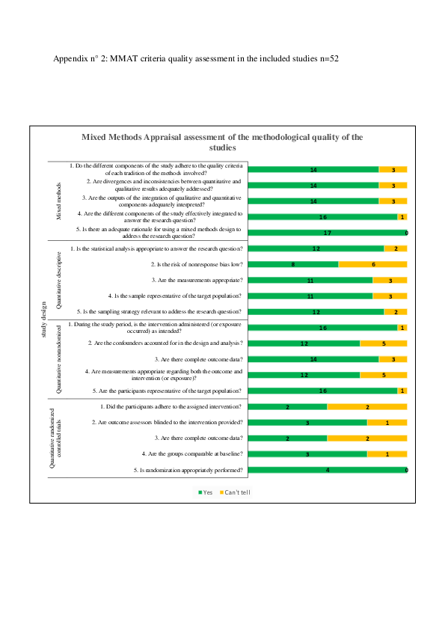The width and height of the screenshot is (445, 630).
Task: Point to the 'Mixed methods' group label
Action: [x=58, y=200]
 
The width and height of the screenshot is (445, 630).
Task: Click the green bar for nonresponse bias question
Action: [x=292, y=264]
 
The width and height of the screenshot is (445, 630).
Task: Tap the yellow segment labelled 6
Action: [x=372, y=264]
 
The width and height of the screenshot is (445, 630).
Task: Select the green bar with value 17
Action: [x=326, y=233]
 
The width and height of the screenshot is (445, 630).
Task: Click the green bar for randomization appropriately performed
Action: [x=326, y=470]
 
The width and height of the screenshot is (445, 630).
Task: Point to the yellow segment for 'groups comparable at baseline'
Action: [x=387, y=454]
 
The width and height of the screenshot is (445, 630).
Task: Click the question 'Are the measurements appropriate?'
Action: [x=197, y=280]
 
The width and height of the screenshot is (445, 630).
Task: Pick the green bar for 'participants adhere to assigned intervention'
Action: [x=287, y=406]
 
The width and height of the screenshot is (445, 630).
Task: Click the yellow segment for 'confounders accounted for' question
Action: [x=383, y=343]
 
